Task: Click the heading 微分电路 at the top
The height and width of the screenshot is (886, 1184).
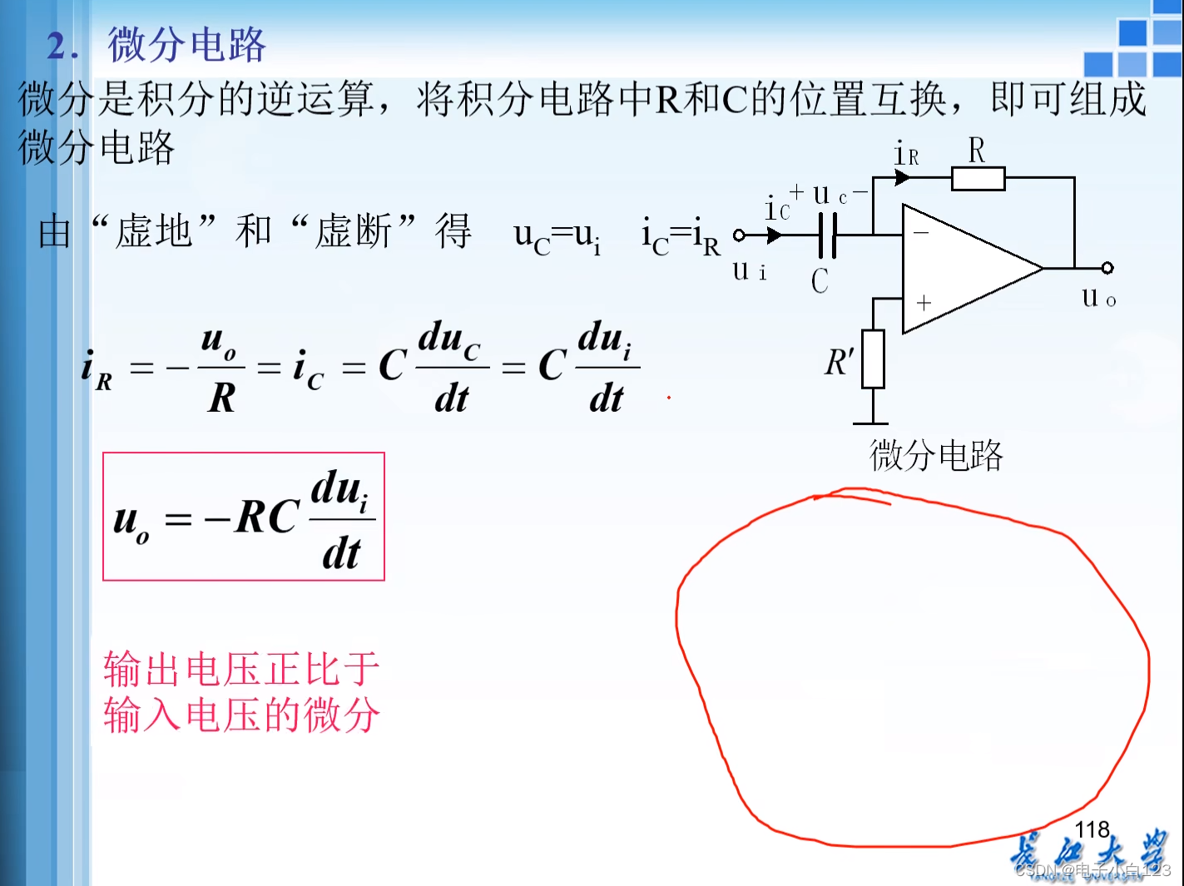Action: (x=186, y=45)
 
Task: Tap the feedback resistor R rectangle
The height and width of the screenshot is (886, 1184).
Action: (x=978, y=178)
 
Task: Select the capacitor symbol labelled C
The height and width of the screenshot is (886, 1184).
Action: (x=827, y=235)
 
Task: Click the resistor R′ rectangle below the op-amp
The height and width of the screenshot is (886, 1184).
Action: (x=873, y=359)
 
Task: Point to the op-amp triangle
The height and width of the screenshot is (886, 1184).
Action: (x=965, y=268)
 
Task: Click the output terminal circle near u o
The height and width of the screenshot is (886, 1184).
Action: (x=1107, y=268)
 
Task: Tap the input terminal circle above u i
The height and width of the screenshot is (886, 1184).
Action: (x=739, y=235)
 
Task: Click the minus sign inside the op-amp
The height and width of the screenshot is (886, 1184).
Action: (x=921, y=233)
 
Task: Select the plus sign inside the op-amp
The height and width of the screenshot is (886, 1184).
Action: (x=924, y=303)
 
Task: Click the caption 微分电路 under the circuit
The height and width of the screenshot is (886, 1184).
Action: (x=936, y=455)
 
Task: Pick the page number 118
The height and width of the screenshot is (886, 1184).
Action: (x=1092, y=829)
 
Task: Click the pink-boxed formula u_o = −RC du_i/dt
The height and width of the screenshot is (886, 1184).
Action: (x=243, y=517)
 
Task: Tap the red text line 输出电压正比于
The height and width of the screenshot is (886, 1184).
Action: (x=241, y=670)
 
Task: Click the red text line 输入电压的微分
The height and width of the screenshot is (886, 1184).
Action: (x=241, y=715)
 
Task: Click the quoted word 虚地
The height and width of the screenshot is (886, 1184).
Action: (x=154, y=231)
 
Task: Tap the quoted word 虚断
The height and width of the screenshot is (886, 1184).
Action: (x=354, y=231)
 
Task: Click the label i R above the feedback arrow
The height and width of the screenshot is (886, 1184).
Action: (x=906, y=154)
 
